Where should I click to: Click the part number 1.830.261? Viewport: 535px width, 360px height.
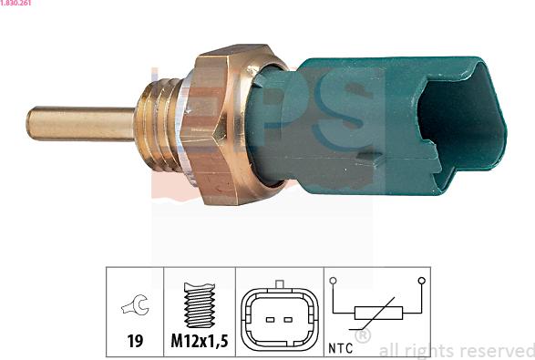point(15,3)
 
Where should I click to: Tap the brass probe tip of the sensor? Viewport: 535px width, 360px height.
point(80,124)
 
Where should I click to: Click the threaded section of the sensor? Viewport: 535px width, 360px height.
point(158,125)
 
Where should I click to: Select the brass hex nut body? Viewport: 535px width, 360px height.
point(232,125)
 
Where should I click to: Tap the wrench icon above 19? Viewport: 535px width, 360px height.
point(136,304)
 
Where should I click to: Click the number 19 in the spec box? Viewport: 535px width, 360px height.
point(135,341)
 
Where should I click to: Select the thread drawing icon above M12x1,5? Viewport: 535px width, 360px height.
point(200,305)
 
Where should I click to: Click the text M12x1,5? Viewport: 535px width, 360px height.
point(200,341)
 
